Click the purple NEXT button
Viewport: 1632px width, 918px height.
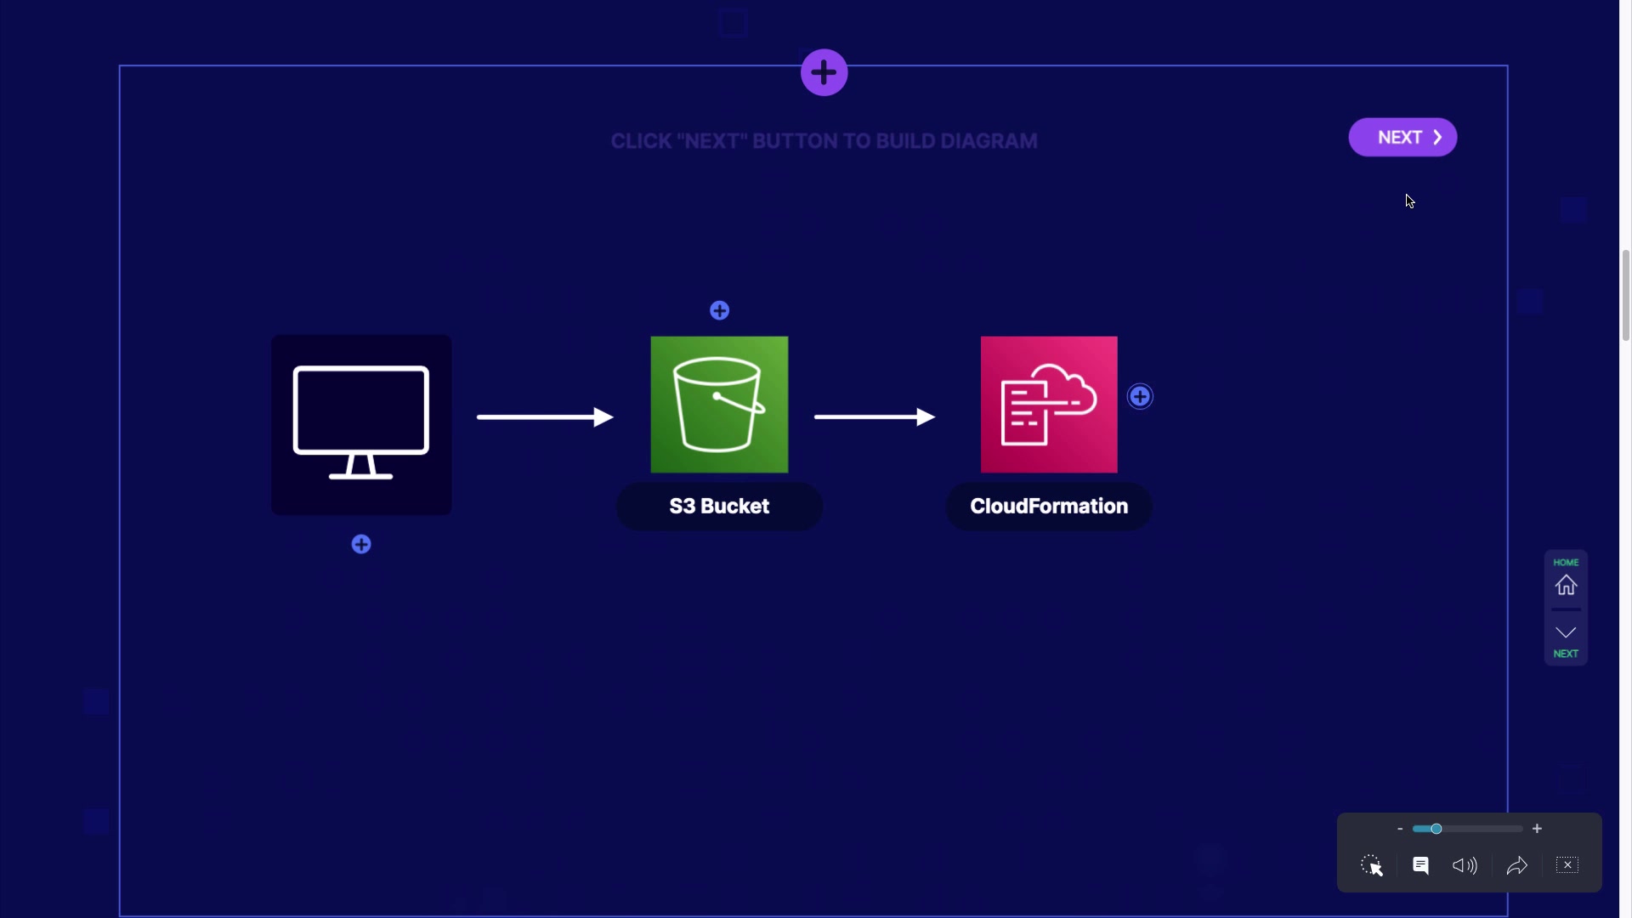1402,138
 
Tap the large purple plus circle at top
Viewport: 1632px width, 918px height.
824,73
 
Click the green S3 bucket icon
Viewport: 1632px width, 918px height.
719,405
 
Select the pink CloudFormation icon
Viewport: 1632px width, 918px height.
1049,405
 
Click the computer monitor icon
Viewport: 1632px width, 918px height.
361,424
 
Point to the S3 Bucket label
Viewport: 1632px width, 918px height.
719,507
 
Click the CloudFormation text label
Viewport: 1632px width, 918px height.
1049,507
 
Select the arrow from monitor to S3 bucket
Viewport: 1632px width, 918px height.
545,416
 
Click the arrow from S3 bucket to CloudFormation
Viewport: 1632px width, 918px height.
874,416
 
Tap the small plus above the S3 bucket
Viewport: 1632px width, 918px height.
719,311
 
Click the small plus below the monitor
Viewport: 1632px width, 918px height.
361,545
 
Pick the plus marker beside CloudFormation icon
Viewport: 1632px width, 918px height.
1140,397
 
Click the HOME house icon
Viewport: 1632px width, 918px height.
1566,586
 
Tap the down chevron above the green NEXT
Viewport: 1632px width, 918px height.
1566,632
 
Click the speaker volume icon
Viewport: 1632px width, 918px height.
1465,865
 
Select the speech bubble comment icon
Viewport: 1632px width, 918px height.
1420,865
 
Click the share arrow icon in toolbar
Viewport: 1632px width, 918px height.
1516,865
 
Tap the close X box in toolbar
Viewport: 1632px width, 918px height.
1567,865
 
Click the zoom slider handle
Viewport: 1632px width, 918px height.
1436,829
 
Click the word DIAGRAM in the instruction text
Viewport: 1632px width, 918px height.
989,141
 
